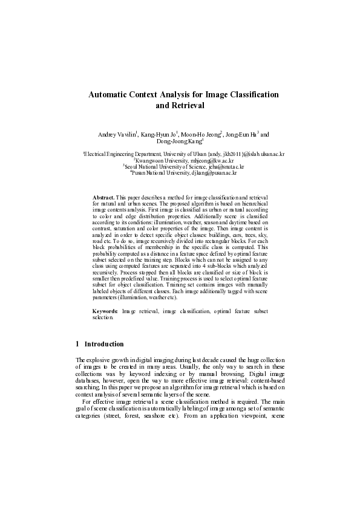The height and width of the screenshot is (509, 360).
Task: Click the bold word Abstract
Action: pyautogui.click(x=103, y=197)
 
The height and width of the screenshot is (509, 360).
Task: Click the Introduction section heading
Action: pyautogui.click(x=104, y=344)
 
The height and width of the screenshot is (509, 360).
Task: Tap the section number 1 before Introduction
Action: pyautogui.click(x=77, y=344)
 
